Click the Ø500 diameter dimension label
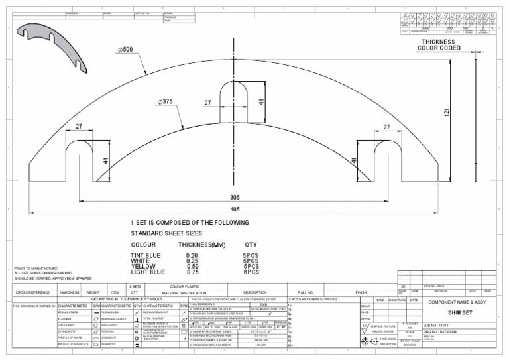point(125,50)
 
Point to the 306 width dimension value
point(234,197)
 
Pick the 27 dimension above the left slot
point(79,126)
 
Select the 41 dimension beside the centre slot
point(262,103)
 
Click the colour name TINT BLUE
point(146,255)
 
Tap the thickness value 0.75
point(192,272)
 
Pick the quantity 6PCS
point(251,272)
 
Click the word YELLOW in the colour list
point(144,266)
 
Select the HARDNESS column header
point(70,292)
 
